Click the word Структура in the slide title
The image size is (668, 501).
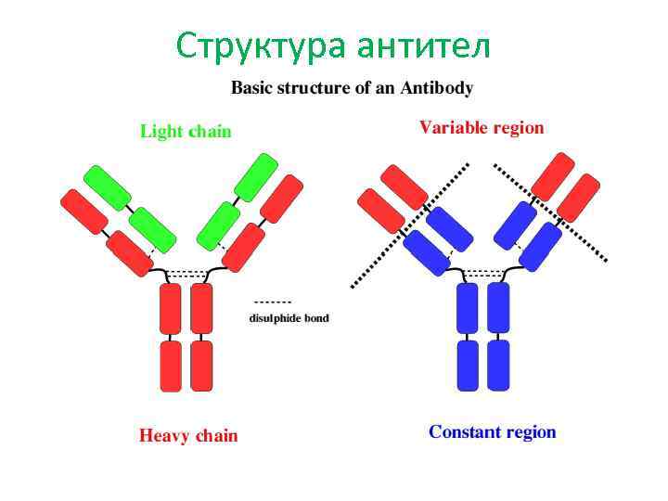(x=263, y=45)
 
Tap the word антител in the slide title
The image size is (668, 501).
(x=422, y=45)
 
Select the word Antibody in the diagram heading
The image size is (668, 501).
(x=437, y=89)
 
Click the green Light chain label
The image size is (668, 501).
(x=186, y=132)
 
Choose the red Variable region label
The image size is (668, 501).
(x=482, y=128)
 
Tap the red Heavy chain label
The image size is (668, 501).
(x=188, y=435)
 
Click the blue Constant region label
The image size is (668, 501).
(x=492, y=432)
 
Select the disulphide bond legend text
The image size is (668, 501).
(x=289, y=318)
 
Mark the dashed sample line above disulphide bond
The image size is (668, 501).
(x=273, y=302)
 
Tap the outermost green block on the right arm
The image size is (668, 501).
(x=256, y=177)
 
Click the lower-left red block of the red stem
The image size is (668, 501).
(x=170, y=366)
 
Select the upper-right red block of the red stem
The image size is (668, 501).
(x=201, y=308)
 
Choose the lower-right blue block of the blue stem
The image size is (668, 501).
(x=499, y=366)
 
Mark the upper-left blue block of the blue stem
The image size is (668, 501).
(x=468, y=308)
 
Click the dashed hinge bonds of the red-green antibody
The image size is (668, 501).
(x=186, y=275)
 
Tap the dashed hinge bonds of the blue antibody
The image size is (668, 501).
(x=483, y=274)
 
